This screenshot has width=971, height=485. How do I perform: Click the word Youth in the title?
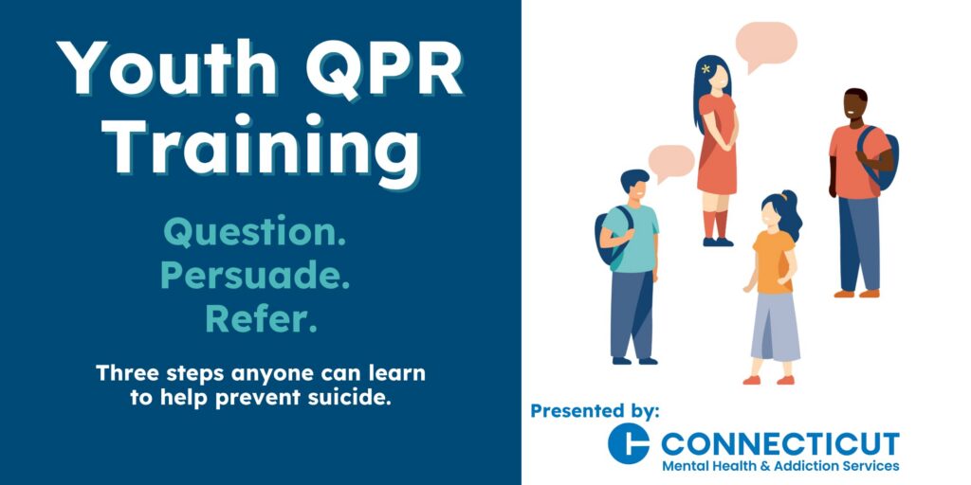pyautogui.click(x=167, y=67)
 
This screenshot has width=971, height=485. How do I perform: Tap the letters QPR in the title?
pyautogui.click(x=385, y=68)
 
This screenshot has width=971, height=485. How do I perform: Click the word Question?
pyautogui.click(x=254, y=234)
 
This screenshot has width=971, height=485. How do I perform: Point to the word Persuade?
pyautogui.click(x=255, y=277)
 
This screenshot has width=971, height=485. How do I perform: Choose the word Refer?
pyautogui.click(x=261, y=320)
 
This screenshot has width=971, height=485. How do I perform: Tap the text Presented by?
pyautogui.click(x=595, y=411)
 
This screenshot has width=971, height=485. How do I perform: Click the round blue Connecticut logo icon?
pyautogui.click(x=629, y=443)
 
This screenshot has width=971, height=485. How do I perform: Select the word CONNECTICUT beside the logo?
pyautogui.click(x=780, y=443)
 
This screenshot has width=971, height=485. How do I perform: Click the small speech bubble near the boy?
pyautogui.click(x=670, y=163)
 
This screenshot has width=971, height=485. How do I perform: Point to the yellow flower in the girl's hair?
pyautogui.click(x=705, y=68)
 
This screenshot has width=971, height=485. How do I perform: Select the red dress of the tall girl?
pyautogui.click(x=718, y=145)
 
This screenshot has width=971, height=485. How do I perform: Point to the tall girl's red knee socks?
pyautogui.click(x=715, y=224)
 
